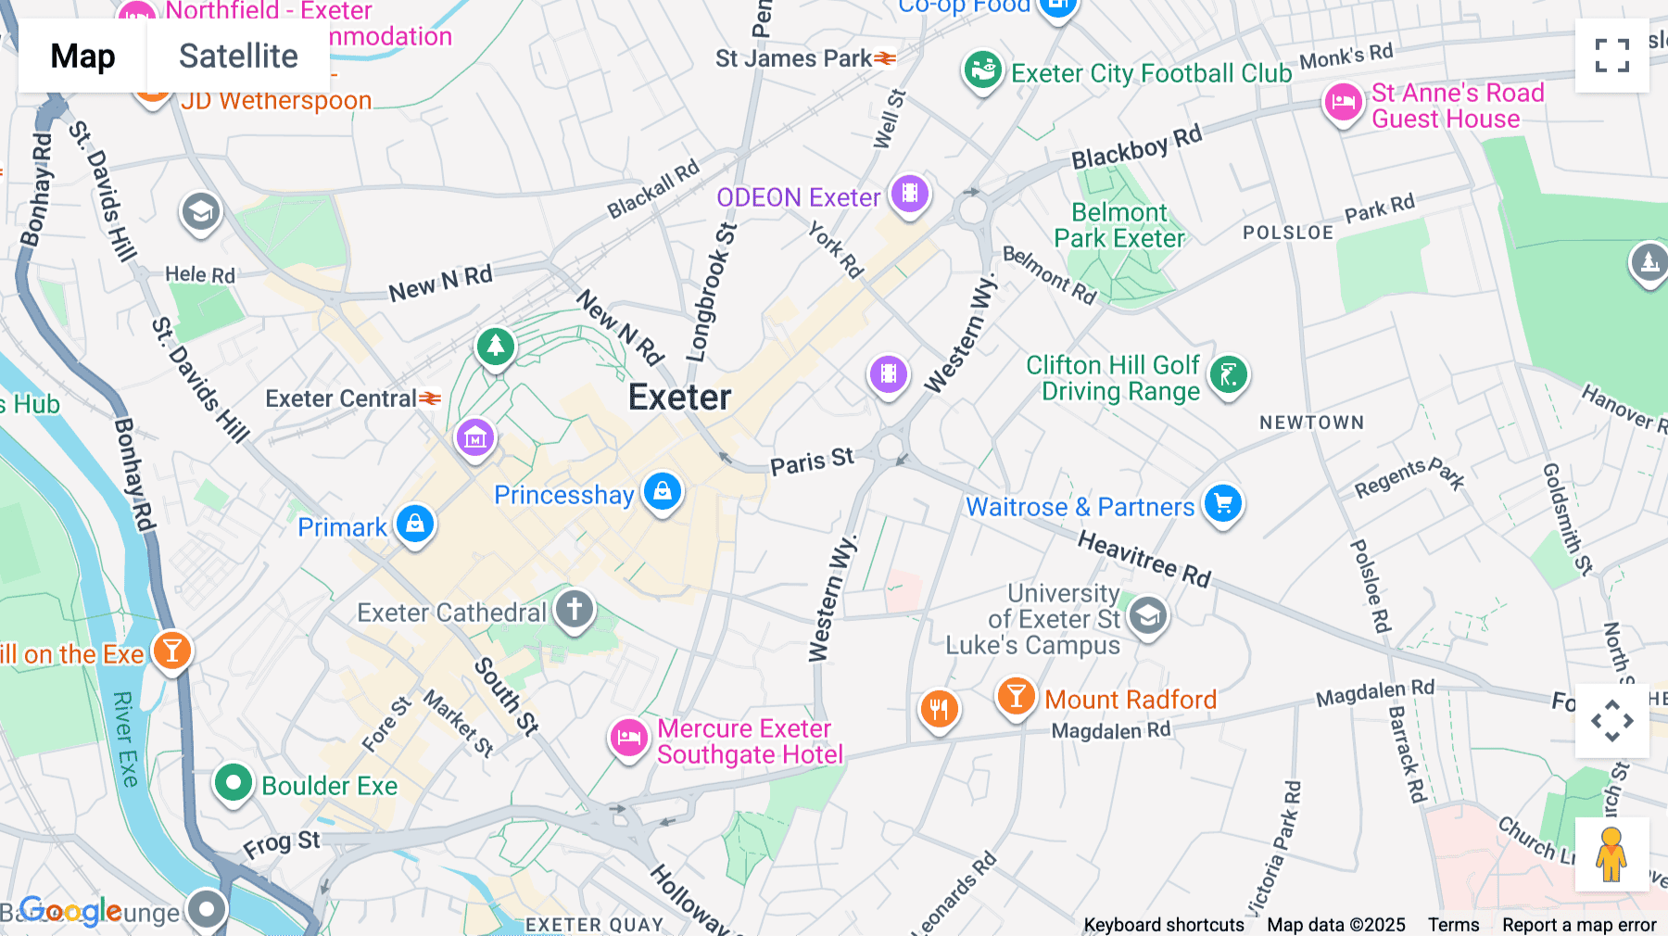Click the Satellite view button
click(238, 57)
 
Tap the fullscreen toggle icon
click(1611, 56)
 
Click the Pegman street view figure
click(1611, 854)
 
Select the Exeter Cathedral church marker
click(575, 610)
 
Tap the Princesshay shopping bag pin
click(663, 491)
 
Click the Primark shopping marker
click(415, 524)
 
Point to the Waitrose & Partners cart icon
click(1223, 504)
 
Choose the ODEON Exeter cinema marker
click(910, 194)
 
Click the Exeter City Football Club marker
click(982, 70)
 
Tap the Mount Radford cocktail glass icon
click(1016, 696)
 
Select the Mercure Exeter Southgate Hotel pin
click(628, 739)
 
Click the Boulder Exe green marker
click(233, 784)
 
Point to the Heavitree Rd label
click(1144, 559)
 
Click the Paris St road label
click(812, 462)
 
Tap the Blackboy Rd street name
click(1136, 147)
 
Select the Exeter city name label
click(679, 398)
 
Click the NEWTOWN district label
click(1311, 423)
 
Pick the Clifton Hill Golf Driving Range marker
click(1229, 375)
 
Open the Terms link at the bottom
click(1453, 925)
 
